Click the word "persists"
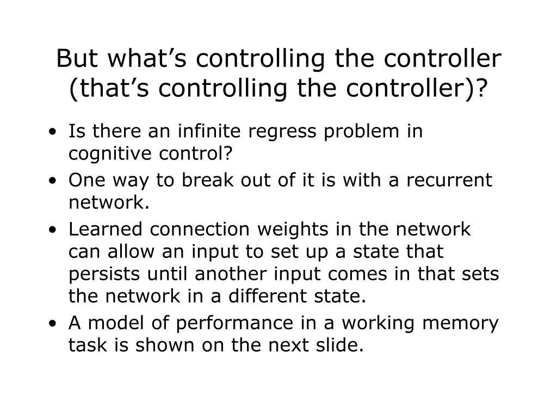[100, 274]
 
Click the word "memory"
[466, 323]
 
